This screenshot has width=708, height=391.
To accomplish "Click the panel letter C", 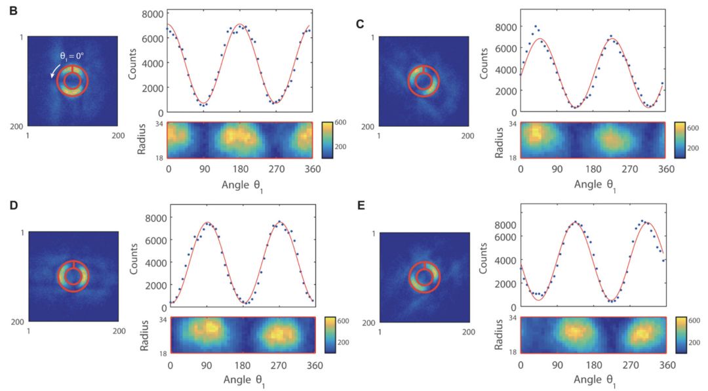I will tap(360, 24).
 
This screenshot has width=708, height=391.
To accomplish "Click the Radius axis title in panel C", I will tap(487, 140).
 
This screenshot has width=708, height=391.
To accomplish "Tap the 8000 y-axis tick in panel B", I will tap(156, 14).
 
